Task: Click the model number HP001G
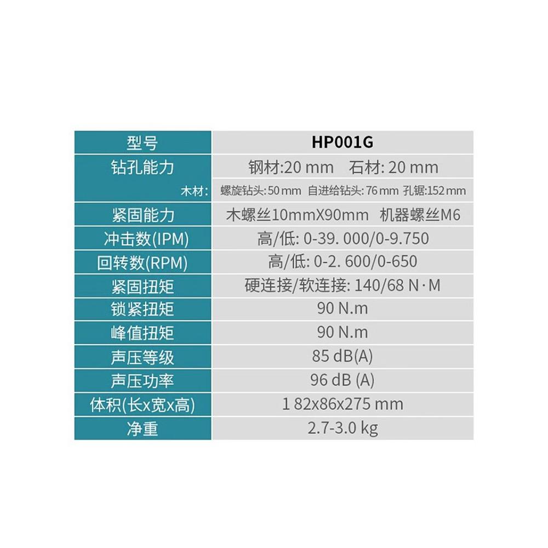(x=342, y=142)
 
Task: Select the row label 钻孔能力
(x=142, y=167)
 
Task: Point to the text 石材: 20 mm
(x=393, y=167)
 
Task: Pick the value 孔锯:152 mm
(x=434, y=191)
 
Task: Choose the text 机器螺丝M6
(x=420, y=215)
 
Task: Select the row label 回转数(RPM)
(x=142, y=263)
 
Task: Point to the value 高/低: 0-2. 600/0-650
(x=342, y=262)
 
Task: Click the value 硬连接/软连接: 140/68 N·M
(x=342, y=286)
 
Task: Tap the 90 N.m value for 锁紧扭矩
(x=342, y=309)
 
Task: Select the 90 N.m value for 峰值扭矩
(x=342, y=333)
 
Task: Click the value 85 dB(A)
(x=342, y=357)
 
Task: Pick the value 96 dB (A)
(x=342, y=380)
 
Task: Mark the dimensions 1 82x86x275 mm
(x=342, y=404)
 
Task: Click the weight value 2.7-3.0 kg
(x=342, y=428)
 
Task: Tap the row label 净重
(x=142, y=429)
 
